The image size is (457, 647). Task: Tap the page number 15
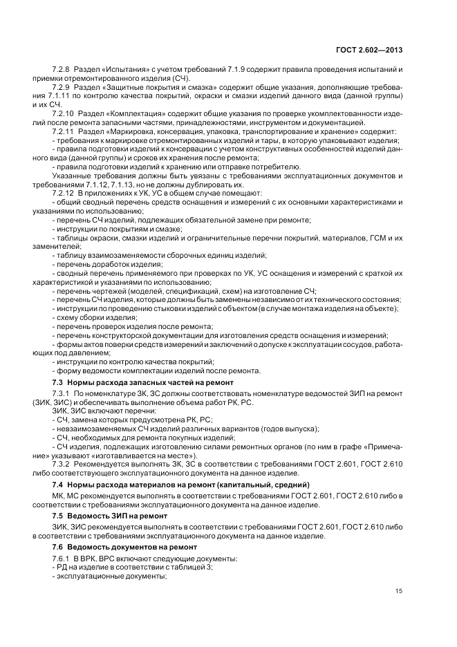point(399,590)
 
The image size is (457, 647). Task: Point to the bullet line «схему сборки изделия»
point(88,317)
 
